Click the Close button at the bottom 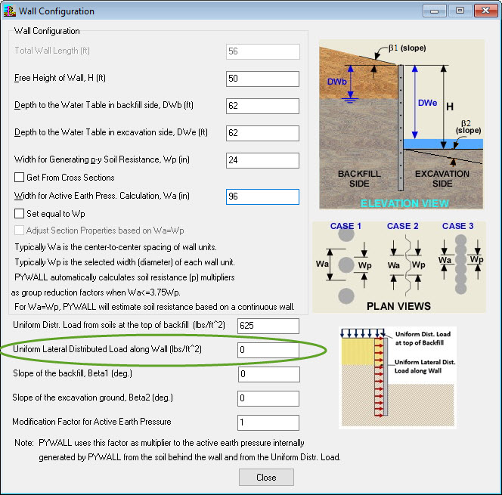tap(266, 478)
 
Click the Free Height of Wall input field tap(262, 79)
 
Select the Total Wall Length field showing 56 tap(262, 51)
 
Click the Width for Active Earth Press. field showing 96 tap(262, 196)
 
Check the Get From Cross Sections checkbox tap(20, 178)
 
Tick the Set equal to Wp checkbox tap(20, 214)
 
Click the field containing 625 tap(268, 326)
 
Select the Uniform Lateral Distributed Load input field tap(268, 350)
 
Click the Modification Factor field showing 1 tap(268, 422)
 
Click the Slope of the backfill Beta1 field tap(268, 374)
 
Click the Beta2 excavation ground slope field tap(268, 398)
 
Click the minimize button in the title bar tap(434, 11)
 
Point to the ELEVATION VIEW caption tap(404, 203)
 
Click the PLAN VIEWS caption tap(398, 306)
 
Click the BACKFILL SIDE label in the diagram tap(359, 179)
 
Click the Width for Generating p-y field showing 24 tap(262, 160)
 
